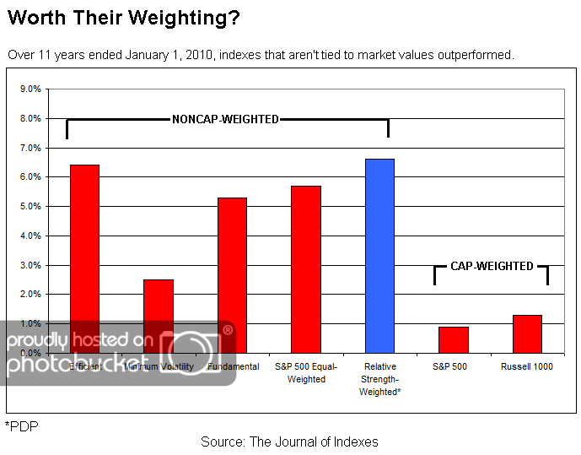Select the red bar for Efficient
(84, 253)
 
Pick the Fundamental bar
(232, 270)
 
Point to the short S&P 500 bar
(454, 339)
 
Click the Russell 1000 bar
(527, 333)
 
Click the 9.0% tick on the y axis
(30, 89)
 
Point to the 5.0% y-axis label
(30, 206)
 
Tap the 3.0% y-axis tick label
(30, 265)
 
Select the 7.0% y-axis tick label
(30, 148)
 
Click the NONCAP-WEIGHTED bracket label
(225, 119)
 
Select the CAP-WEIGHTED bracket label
(492, 266)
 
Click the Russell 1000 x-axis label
(527, 366)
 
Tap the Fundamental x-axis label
(232, 366)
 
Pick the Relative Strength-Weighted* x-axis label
(379, 379)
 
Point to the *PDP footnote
(21, 426)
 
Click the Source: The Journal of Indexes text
(289, 441)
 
